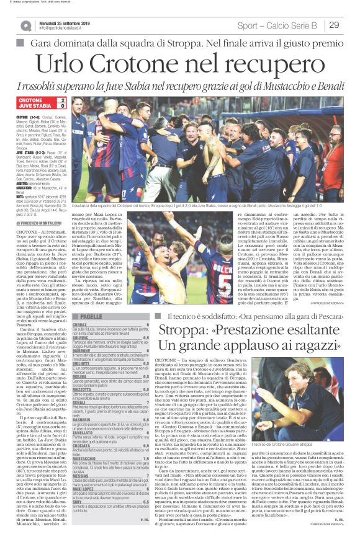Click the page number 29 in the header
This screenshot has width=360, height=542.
tap(333, 25)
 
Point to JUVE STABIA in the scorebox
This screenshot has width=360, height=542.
tap(35, 106)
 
